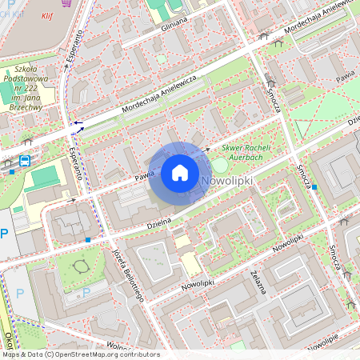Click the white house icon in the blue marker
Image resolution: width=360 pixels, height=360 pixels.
[180, 172]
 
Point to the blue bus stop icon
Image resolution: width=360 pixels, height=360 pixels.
[25, 161]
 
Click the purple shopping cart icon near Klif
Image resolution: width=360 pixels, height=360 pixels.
[78, 3]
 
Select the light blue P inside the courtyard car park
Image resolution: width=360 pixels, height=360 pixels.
[86, 292]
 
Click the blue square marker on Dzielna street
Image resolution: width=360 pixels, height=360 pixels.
[87, 239]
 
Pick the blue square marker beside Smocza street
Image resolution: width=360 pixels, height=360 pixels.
[314, 187]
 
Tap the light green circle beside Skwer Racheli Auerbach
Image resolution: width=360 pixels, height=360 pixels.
[218, 165]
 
